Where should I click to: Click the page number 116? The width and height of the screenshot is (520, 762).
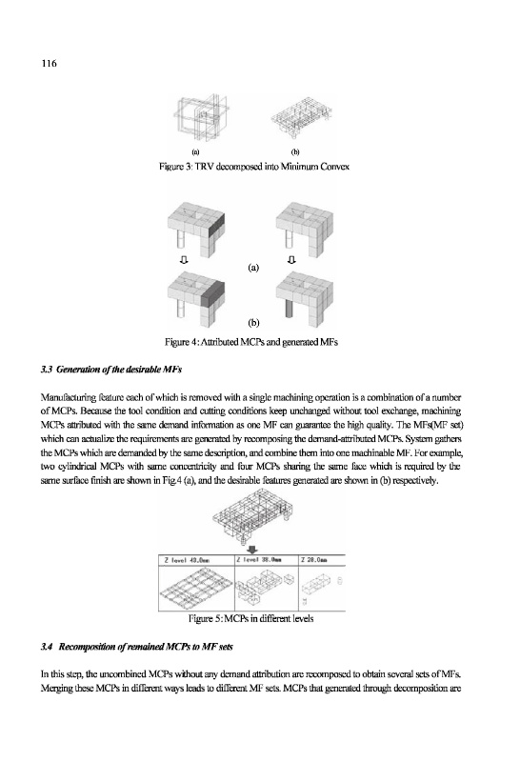(49, 63)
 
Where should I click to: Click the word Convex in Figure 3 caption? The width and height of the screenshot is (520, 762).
(334, 167)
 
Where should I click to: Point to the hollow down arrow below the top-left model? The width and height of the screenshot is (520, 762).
(183, 260)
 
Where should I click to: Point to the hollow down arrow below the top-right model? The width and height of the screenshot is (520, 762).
(291, 260)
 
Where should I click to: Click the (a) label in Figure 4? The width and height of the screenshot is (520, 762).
(253, 268)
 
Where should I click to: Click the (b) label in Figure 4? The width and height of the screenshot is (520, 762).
(253, 323)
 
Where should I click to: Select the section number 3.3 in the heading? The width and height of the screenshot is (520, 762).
(47, 370)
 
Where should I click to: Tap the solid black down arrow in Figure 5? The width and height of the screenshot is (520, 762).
(252, 550)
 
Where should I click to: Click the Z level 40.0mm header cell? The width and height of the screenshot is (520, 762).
(196, 560)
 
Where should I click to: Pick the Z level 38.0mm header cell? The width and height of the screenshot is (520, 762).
(267, 560)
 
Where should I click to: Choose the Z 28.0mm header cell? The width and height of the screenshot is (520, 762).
(322, 560)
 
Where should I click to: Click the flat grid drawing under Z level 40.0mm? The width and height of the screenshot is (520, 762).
(196, 585)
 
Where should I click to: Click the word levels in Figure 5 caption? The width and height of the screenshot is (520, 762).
(303, 618)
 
